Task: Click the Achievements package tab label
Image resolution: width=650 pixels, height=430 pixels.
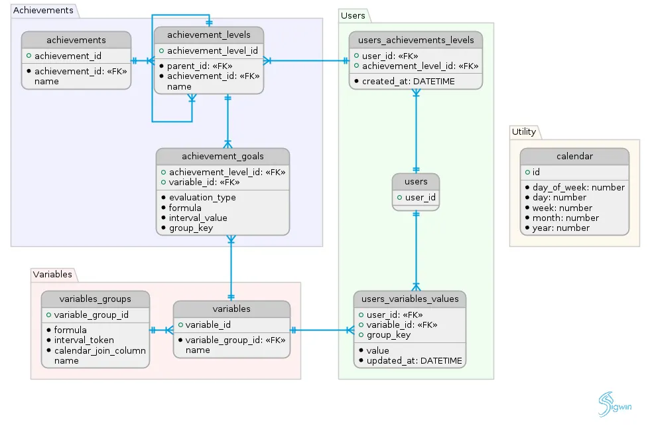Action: [x=43, y=11]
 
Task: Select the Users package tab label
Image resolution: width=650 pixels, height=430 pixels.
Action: [x=352, y=15]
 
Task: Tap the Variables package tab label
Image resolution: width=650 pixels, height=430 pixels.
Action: [x=52, y=275]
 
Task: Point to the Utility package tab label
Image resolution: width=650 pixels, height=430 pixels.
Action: [x=524, y=132]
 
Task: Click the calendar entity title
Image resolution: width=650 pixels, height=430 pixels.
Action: [x=574, y=157]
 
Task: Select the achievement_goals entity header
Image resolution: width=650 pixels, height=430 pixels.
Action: [x=223, y=157]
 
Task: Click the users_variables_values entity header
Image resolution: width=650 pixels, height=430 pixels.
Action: [x=410, y=299]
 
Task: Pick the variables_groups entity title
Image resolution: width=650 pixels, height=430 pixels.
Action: [x=95, y=299]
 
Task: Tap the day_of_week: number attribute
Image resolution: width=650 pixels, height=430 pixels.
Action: [x=578, y=187]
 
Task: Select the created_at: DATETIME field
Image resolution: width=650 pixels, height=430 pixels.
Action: [x=408, y=81]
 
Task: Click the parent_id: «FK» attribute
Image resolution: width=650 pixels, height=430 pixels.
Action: [x=200, y=66]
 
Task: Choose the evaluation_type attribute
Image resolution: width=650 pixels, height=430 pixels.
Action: [x=202, y=197]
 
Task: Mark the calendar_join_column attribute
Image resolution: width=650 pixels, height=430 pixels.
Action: [x=99, y=350]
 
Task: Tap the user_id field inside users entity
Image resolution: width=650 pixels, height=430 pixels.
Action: [x=419, y=198]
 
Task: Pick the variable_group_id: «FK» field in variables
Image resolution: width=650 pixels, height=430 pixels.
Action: [x=235, y=340]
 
